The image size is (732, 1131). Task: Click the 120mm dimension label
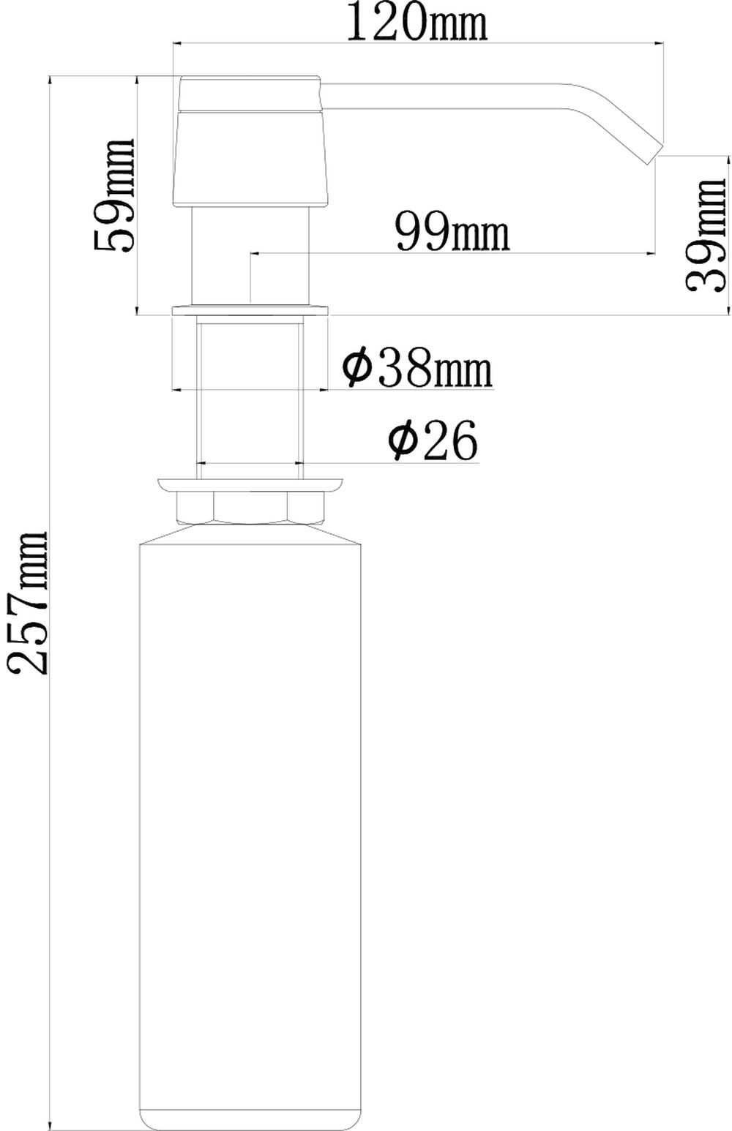point(417,23)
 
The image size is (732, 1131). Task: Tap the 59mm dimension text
point(114,195)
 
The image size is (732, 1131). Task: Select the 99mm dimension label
point(452,230)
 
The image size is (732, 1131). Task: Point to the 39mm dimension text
point(706,235)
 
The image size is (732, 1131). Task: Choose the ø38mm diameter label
point(417,369)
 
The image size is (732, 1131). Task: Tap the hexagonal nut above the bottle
point(250,508)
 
